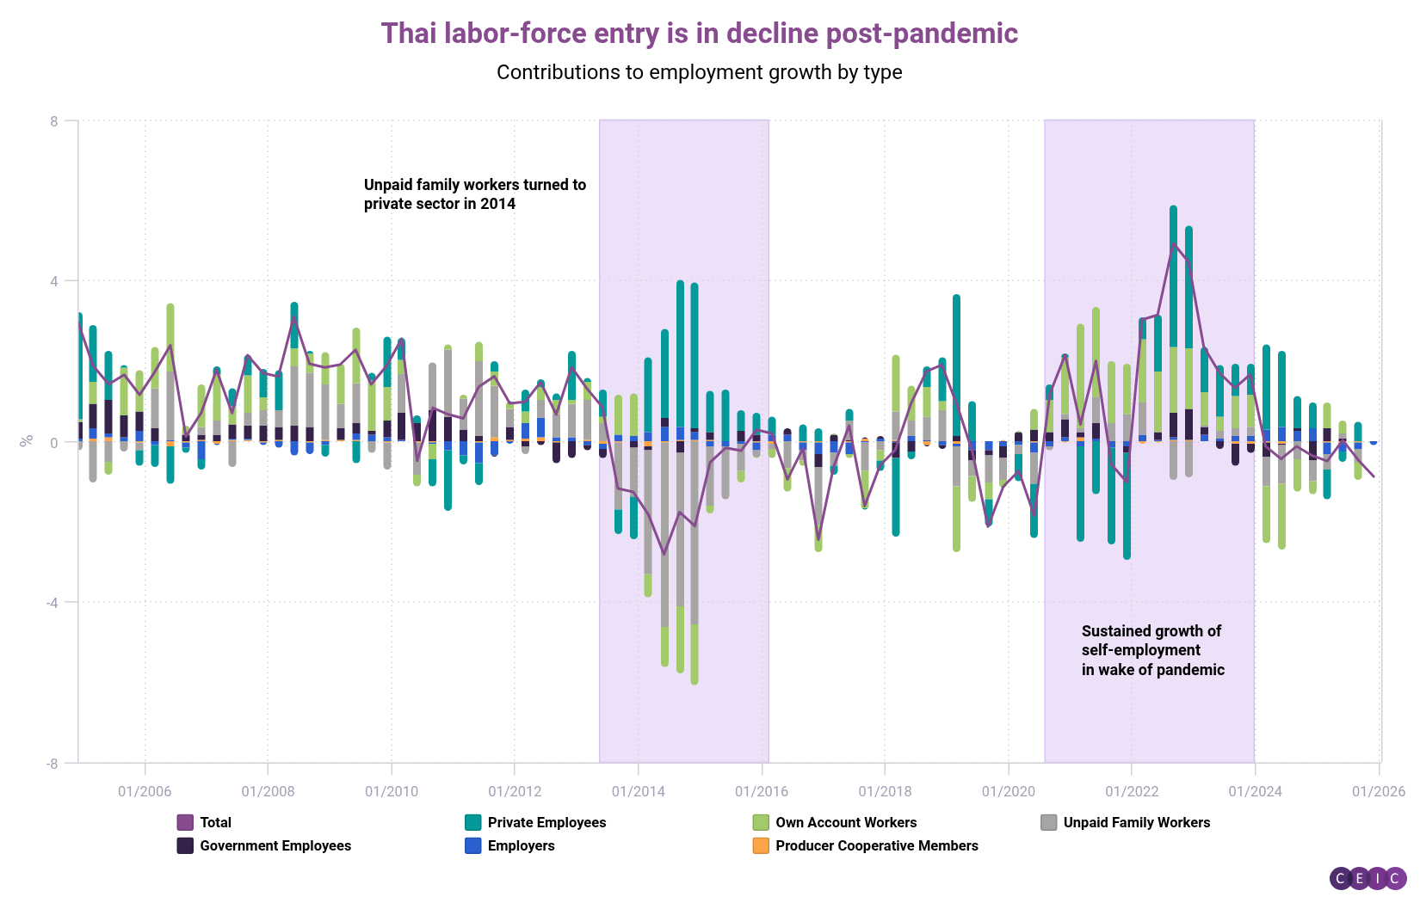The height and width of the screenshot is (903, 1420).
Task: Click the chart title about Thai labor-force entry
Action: [699, 34]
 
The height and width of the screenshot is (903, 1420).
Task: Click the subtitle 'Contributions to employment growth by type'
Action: [699, 72]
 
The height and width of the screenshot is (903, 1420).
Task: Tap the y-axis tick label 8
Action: [54, 121]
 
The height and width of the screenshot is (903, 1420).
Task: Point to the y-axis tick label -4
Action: [52, 602]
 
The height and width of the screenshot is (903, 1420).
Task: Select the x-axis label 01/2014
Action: [638, 791]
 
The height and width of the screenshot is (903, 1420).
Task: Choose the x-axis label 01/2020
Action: [1008, 791]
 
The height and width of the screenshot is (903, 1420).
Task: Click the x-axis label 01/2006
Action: [145, 791]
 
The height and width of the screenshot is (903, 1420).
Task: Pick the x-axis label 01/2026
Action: [1378, 791]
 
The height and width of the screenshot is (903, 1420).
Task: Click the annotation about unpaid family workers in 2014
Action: [474, 194]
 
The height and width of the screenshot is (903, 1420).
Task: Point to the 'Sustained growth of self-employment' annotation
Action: [1152, 651]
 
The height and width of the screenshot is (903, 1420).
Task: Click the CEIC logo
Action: [1368, 878]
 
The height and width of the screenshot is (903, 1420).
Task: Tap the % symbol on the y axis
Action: [27, 441]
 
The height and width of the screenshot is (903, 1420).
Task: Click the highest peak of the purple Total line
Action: [1173, 243]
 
